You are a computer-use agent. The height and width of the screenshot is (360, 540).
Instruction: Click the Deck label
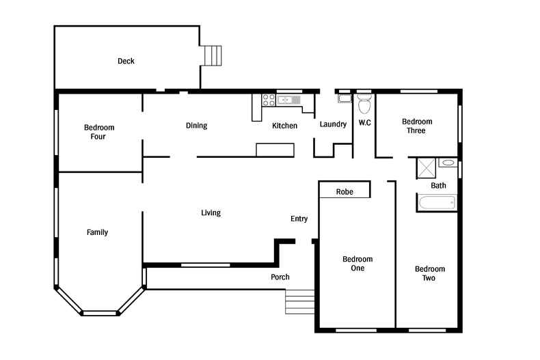click(x=126, y=61)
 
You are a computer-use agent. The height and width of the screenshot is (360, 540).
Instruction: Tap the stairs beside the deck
click(x=213, y=55)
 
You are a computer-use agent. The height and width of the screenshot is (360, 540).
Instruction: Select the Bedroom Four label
click(x=99, y=132)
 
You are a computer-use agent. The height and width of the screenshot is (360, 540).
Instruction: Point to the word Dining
click(x=196, y=126)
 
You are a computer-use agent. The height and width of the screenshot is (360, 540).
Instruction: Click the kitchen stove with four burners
click(x=269, y=100)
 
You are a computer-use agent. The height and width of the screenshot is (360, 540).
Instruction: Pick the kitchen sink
click(x=288, y=100)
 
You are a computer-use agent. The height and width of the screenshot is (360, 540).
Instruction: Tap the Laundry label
click(x=333, y=124)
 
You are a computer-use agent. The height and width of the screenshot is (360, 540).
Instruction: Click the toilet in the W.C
click(x=364, y=104)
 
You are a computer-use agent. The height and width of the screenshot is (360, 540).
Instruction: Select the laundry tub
click(x=345, y=98)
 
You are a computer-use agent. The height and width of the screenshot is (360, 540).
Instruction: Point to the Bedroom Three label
click(x=417, y=126)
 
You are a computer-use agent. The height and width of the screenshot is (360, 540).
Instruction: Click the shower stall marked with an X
click(x=427, y=168)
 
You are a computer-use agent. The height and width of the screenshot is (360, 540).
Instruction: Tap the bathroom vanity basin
click(x=448, y=163)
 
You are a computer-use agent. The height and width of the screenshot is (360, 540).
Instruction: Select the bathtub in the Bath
click(x=437, y=202)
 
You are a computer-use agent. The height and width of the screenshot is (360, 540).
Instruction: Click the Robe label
click(x=345, y=192)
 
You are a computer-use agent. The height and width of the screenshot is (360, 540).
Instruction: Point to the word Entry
click(x=299, y=219)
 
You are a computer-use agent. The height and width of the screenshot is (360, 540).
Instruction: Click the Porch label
click(x=280, y=277)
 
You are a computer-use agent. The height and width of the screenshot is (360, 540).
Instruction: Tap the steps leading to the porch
click(x=299, y=302)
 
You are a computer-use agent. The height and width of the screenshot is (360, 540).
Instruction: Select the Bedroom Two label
click(x=429, y=273)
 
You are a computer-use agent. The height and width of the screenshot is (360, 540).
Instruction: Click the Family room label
click(x=97, y=232)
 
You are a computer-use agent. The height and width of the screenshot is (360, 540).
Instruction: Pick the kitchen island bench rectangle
click(x=275, y=150)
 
